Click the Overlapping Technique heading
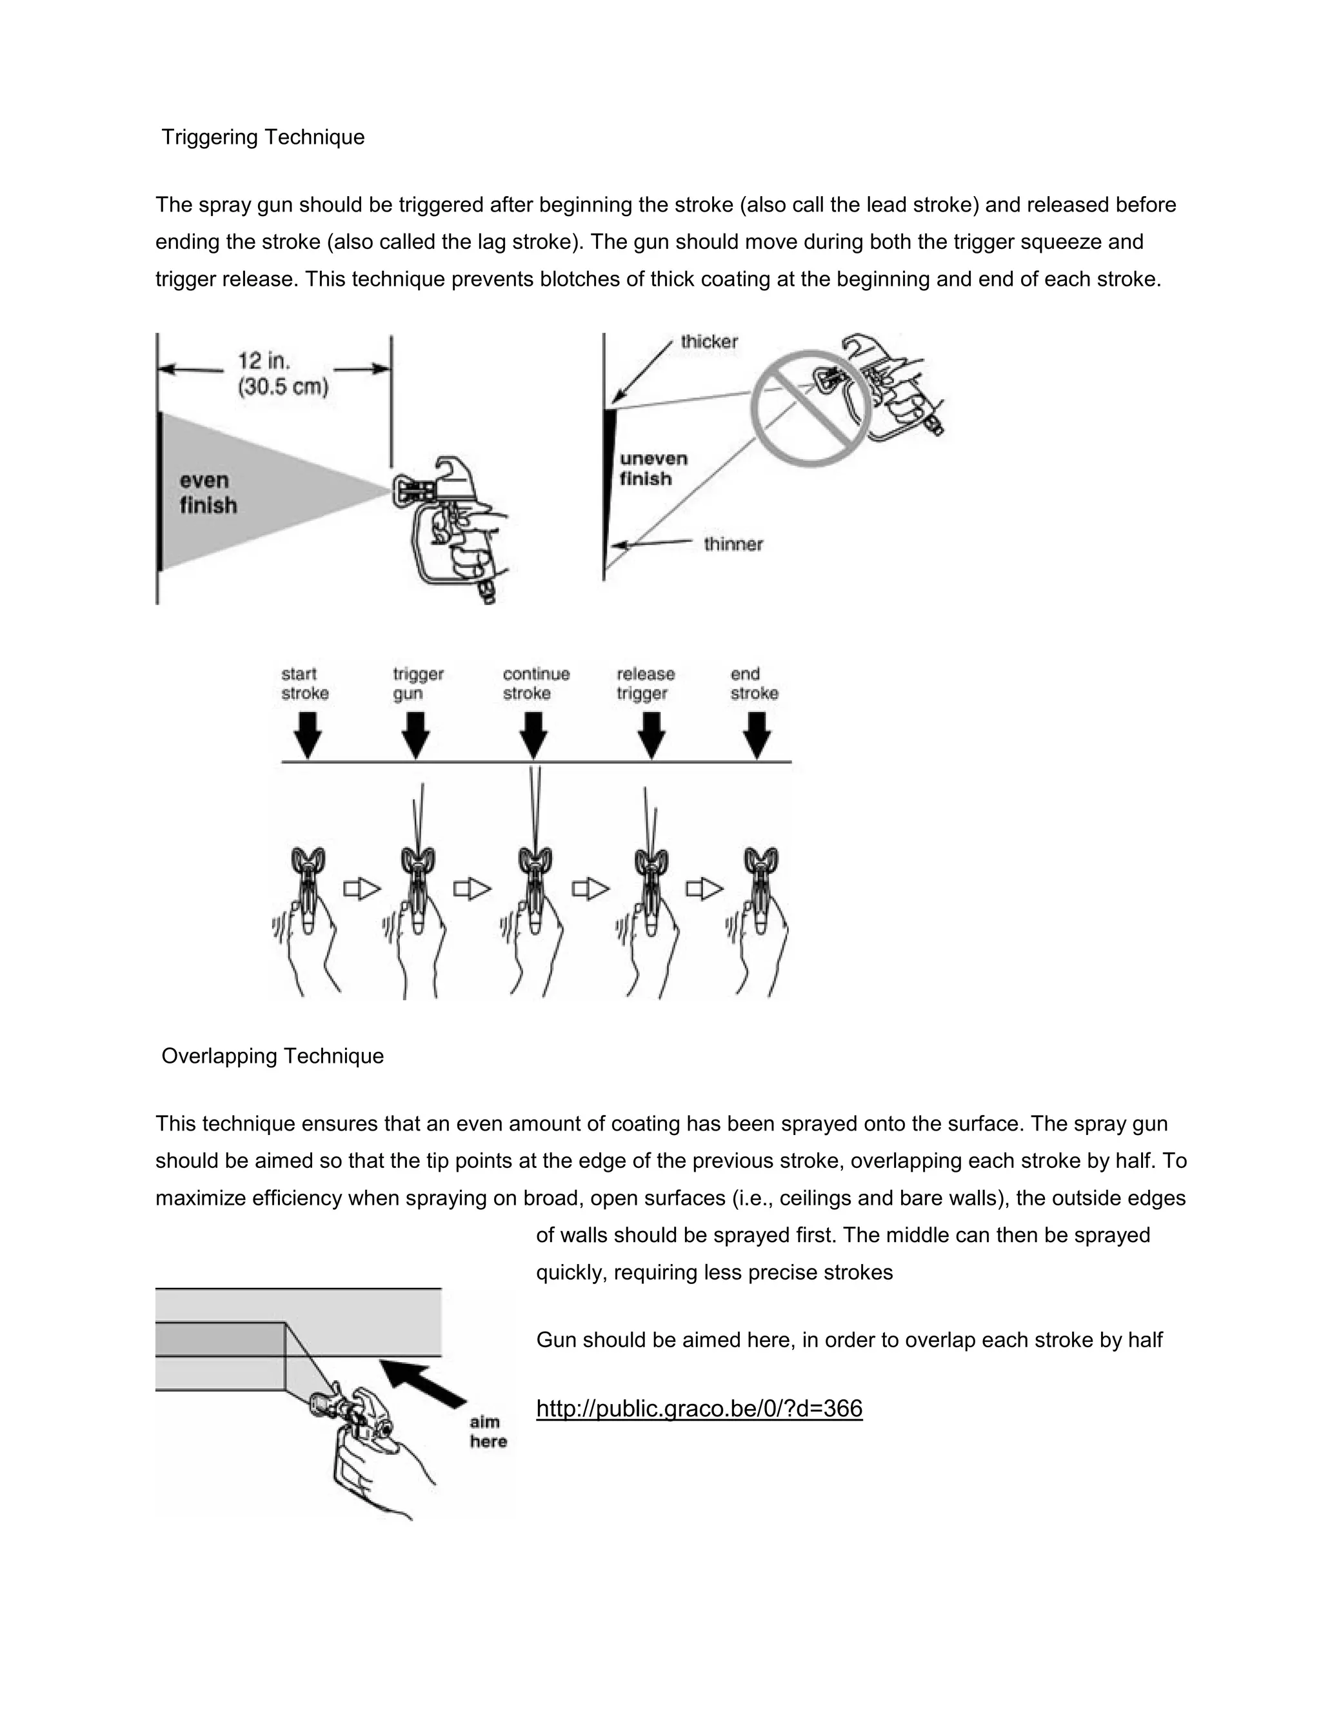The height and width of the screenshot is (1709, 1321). [272, 1056]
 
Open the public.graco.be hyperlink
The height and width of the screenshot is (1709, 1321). [699, 1408]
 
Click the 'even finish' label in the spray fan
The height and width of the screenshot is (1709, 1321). [208, 493]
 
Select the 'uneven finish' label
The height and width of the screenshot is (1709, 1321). [653, 468]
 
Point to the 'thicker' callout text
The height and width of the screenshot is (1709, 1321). [708, 341]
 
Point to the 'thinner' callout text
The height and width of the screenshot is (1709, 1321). [733, 544]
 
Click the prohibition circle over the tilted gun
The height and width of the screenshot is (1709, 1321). [811, 408]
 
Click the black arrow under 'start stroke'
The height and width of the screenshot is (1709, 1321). [308, 736]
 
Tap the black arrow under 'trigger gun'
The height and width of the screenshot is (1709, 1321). [415, 736]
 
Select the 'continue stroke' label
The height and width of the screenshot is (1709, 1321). [536, 683]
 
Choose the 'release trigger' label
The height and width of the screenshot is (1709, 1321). [645, 683]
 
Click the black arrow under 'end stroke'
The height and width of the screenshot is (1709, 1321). [756, 736]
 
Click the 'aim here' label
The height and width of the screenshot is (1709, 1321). [488, 1431]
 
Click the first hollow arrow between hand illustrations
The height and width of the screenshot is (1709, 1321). [362, 889]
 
